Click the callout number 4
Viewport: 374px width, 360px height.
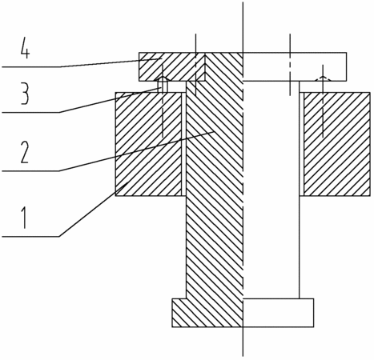click(x=25, y=50)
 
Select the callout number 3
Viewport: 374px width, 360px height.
click(x=25, y=94)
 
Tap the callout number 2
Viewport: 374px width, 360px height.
click(x=25, y=152)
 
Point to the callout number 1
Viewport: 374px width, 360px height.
click(x=25, y=218)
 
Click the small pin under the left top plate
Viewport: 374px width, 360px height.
click(x=163, y=85)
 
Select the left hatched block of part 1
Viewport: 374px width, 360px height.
click(x=148, y=144)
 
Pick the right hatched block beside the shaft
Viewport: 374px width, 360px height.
click(x=337, y=144)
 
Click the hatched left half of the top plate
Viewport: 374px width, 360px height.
click(x=191, y=66)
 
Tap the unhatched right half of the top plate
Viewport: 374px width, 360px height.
click(x=295, y=66)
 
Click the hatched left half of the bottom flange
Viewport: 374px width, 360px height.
click(x=207, y=313)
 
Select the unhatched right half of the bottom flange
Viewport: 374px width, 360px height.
click(x=278, y=313)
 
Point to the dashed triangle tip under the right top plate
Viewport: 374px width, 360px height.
click(x=323, y=76)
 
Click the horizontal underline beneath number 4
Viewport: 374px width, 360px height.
click(x=31, y=67)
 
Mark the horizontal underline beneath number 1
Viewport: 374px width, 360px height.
click(x=31, y=236)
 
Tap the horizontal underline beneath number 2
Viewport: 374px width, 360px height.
click(x=31, y=170)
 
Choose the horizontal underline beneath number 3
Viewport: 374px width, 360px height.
click(x=31, y=113)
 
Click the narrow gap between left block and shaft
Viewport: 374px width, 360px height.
click(x=184, y=144)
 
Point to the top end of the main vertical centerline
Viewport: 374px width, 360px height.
click(x=243, y=2)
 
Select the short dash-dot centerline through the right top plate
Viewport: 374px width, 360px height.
click(x=290, y=65)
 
